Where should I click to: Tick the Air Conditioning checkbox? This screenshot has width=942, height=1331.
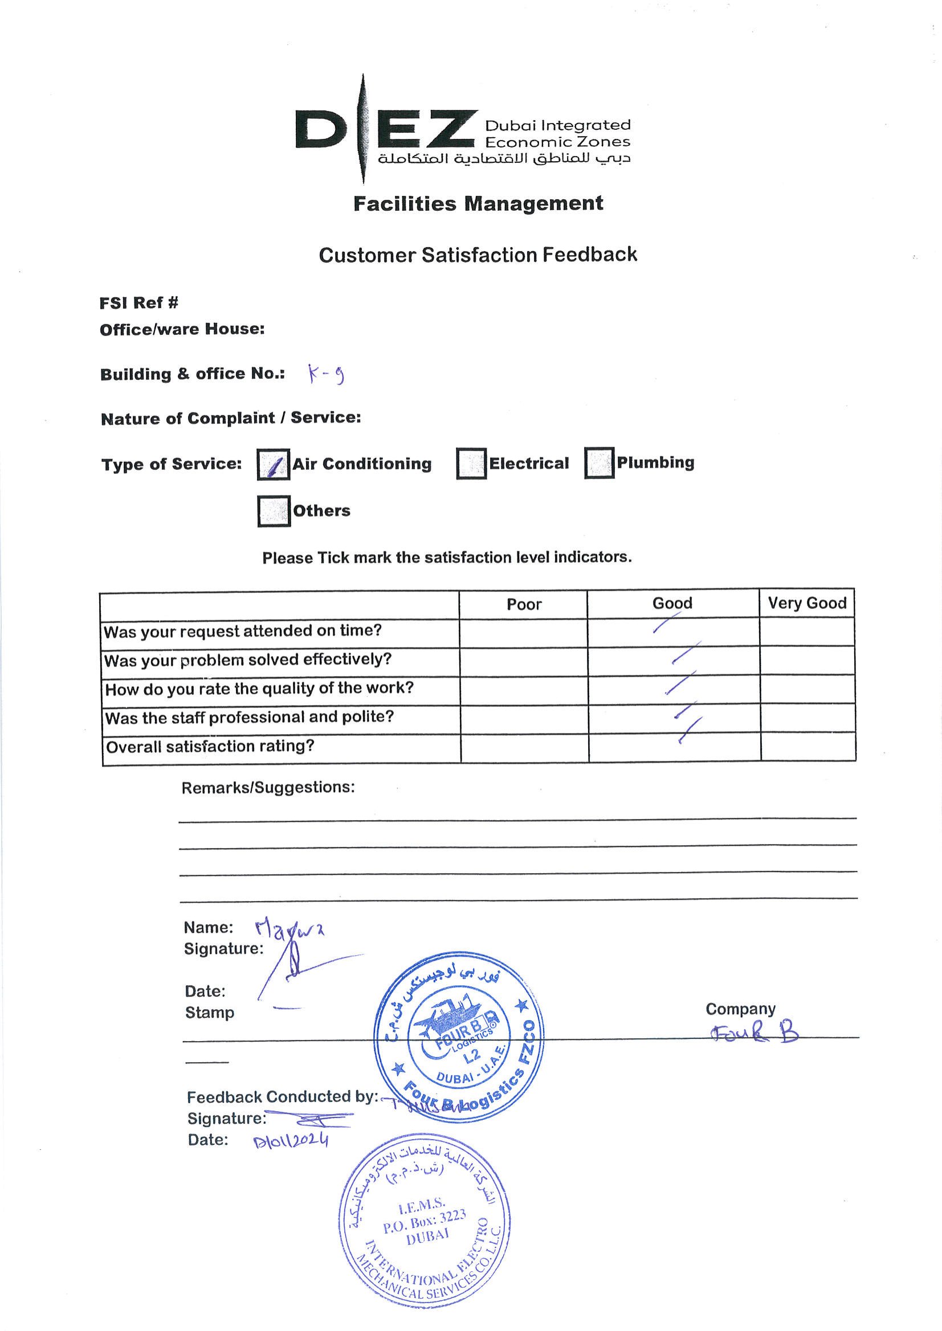tap(272, 465)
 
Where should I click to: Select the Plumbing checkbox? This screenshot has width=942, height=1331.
tap(599, 463)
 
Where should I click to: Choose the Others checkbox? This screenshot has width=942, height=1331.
tap(274, 511)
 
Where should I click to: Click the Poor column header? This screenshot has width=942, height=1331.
tap(524, 605)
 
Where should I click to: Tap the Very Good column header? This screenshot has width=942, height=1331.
tap(807, 604)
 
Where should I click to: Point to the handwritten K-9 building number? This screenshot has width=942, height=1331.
tap(326, 376)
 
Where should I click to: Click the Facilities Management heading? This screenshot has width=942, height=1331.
tap(478, 204)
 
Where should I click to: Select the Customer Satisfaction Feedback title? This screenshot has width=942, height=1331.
tap(478, 255)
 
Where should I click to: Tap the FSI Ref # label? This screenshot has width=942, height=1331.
tap(138, 302)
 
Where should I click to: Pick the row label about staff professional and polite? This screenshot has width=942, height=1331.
tap(250, 718)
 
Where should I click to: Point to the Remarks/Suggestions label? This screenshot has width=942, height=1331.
tap(268, 787)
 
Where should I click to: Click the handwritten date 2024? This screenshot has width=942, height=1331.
tap(291, 1141)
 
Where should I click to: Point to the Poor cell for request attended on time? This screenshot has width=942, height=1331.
tap(523, 632)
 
